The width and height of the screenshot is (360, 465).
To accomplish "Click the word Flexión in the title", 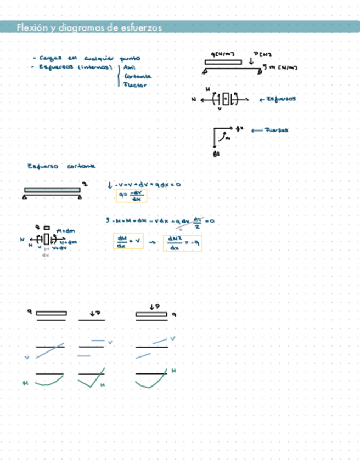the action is pos(29,27).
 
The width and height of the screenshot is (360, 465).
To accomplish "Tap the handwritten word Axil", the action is pos(130,67).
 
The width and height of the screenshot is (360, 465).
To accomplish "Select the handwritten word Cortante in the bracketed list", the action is pos(137,76).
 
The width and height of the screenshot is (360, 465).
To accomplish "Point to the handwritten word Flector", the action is pos(135,85).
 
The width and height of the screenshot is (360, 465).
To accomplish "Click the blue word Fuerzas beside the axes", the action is pos(276,131).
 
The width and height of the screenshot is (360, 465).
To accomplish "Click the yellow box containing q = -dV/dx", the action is pos(132,196).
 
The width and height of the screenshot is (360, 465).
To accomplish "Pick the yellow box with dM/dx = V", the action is pos(128,242).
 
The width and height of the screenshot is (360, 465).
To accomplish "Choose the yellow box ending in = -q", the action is pos(183,242).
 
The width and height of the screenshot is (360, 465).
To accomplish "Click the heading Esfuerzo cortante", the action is pos(61,166).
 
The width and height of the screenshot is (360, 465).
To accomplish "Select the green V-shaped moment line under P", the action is pos(91,381).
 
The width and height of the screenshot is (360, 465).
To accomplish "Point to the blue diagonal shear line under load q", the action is pos(50,351).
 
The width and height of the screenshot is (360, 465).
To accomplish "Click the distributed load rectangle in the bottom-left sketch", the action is pos(52,313).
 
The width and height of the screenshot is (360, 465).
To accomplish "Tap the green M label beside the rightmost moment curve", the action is pos(174,371).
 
